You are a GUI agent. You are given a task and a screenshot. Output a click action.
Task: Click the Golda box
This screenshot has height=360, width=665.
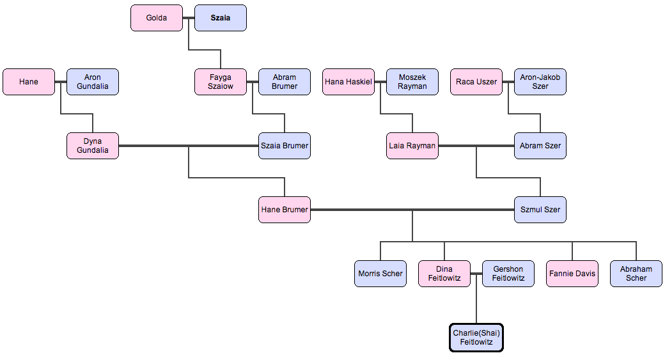point(157,18)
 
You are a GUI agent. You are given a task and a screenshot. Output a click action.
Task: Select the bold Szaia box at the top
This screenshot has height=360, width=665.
point(221,18)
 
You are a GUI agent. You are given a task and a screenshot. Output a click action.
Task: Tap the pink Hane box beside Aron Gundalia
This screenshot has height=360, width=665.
point(29,82)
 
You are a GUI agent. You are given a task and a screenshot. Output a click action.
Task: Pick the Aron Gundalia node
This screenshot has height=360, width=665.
point(93,82)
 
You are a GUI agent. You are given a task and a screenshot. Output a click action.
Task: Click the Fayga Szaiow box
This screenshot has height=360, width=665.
point(221,82)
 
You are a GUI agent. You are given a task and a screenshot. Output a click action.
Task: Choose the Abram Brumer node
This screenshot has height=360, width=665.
point(285,82)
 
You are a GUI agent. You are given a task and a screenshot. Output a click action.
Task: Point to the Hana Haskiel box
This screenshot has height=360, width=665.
point(348,82)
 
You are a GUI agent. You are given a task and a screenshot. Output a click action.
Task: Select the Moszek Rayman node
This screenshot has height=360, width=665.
point(412,82)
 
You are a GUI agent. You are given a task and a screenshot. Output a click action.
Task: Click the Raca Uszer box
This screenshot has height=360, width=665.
point(476,82)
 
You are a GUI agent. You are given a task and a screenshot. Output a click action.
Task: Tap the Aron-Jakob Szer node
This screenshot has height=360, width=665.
point(540,82)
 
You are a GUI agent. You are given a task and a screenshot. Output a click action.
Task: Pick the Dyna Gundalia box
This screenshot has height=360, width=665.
point(93,146)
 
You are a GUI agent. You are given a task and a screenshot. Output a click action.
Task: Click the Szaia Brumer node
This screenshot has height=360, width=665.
point(285,146)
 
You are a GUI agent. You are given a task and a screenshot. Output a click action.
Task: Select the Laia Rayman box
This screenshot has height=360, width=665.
point(412,146)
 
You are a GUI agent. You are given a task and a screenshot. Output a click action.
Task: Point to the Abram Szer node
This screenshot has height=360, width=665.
point(540,146)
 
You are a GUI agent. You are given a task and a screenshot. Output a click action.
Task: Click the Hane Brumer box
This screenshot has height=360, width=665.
point(285,210)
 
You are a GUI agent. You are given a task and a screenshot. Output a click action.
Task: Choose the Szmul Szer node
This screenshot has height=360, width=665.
point(540,210)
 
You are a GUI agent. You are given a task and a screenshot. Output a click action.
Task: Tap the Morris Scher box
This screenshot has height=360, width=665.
point(380,274)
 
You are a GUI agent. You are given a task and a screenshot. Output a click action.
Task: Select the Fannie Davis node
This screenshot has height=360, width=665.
point(572,274)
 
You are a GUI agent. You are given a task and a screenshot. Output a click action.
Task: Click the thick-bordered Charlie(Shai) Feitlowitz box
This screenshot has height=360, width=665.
point(476,338)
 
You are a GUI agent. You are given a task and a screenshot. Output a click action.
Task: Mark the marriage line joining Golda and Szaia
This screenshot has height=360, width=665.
point(189,18)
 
